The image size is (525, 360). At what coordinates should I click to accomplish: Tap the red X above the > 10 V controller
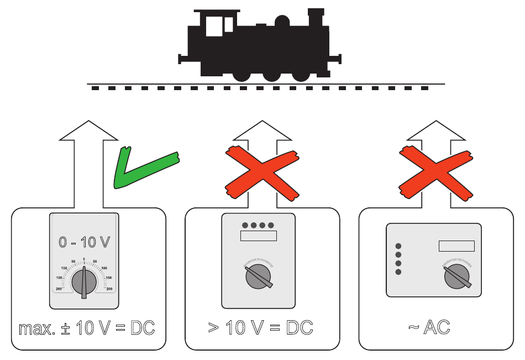(262, 173)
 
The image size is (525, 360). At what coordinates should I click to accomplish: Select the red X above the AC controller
(436, 173)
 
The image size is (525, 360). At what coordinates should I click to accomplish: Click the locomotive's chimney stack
(316, 17)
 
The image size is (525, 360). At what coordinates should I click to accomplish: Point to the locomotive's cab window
(214, 26)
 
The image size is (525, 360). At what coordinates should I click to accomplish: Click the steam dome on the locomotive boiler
(282, 21)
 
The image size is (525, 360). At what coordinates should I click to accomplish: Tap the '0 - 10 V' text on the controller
(84, 242)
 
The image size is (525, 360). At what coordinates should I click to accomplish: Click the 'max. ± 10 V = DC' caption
(87, 328)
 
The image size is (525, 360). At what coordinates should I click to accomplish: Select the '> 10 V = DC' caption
(260, 327)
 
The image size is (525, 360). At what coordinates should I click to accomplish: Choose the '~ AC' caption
(429, 327)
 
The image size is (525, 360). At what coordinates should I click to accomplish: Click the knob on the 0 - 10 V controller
(84, 282)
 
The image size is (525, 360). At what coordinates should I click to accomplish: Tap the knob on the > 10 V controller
(258, 276)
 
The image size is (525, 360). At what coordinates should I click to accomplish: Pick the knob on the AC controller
(456, 276)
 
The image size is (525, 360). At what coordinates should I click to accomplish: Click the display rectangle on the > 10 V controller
(259, 236)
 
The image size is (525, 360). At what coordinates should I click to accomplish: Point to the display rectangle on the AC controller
(456, 246)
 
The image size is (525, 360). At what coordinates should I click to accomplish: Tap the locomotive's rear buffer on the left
(183, 59)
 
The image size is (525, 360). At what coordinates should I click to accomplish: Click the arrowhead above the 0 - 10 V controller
(88, 131)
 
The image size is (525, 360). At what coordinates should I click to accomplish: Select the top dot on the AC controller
(398, 246)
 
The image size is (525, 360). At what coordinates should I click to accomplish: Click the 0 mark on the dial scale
(83, 259)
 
